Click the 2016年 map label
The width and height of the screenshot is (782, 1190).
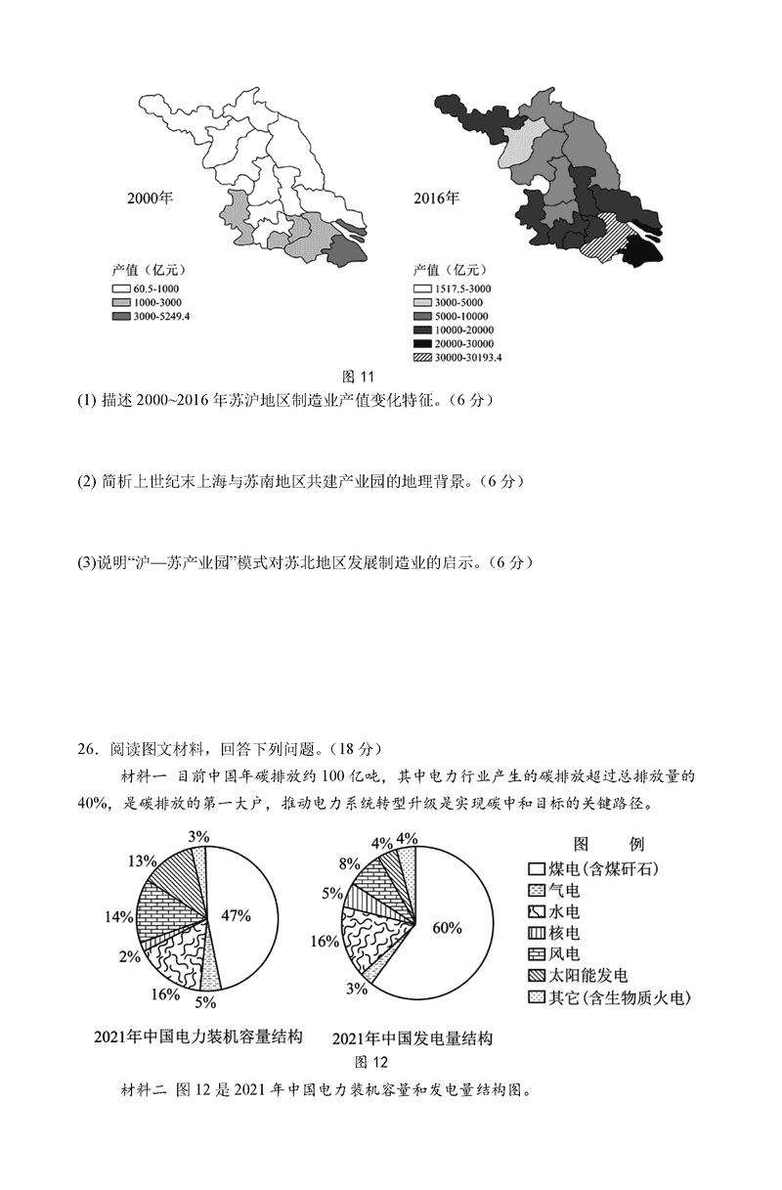click(x=436, y=198)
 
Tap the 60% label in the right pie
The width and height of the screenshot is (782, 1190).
click(x=447, y=927)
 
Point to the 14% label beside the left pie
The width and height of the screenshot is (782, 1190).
click(x=118, y=917)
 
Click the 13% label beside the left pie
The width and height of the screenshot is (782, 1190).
click(x=142, y=861)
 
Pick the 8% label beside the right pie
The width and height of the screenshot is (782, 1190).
click(x=347, y=864)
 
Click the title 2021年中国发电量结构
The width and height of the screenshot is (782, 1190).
click(x=412, y=1037)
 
